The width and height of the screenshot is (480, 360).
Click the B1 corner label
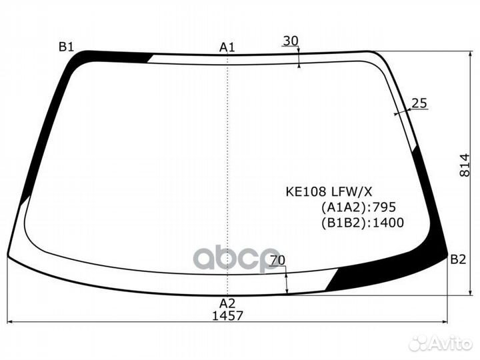coord(67,47)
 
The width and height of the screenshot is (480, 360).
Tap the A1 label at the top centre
coord(227,47)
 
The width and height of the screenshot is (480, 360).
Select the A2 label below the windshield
coord(227,303)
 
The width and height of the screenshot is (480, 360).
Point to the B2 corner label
coord(458,259)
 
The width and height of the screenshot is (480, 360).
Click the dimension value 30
coord(291,41)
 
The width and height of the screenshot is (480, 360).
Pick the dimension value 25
coord(419,103)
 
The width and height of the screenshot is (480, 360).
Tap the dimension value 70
coord(277,260)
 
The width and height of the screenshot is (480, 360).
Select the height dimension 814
coord(465,165)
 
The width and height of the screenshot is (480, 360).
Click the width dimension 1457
coord(228,315)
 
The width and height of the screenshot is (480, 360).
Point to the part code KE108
coord(306,191)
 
